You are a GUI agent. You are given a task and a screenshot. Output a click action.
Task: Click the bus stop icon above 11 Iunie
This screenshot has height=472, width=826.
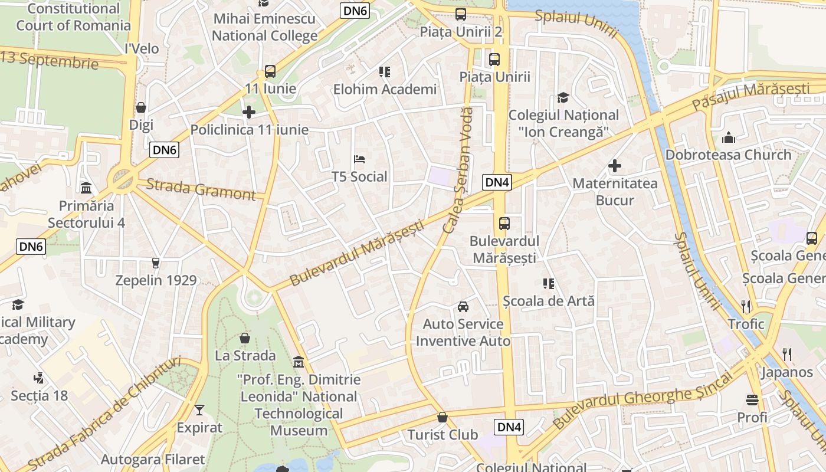[270, 71]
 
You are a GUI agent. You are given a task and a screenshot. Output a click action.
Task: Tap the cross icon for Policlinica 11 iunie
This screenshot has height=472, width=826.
[249, 112]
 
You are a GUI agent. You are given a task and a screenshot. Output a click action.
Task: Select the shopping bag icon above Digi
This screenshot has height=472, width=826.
[141, 107]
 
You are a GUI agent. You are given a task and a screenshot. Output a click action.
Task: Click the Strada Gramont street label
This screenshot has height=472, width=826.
[201, 189]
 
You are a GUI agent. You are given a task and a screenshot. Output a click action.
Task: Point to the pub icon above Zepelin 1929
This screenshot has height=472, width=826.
[156, 263]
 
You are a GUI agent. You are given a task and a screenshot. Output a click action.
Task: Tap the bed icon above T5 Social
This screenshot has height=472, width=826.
[359, 159]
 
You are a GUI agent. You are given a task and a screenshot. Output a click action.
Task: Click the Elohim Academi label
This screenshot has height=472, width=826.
[385, 89]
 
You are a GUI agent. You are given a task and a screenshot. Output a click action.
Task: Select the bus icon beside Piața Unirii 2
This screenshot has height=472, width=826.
[460, 14]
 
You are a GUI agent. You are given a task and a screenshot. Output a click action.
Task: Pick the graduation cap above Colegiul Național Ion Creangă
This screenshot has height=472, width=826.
[563, 97]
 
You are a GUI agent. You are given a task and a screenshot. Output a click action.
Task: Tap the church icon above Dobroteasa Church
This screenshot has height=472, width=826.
[728, 137]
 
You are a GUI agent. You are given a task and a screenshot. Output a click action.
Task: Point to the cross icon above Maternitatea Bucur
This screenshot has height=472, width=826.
[615, 166]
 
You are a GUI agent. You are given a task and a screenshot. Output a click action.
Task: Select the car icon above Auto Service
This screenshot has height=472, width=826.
[463, 306]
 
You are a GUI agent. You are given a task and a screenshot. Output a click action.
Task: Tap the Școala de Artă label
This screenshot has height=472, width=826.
[549, 301]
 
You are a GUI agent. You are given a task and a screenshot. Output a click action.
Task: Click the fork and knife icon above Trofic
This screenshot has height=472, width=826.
[746, 306]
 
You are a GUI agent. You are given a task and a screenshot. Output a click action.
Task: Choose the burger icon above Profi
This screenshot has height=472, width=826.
[752, 400]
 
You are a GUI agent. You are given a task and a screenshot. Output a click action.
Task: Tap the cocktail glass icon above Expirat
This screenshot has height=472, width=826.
[199, 409]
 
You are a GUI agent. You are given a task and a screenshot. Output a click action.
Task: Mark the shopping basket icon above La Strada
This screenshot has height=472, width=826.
[245, 338]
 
